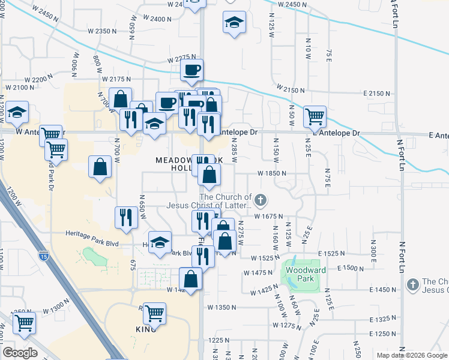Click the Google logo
click(x=20, y=353)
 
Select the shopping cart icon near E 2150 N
click(x=315, y=116)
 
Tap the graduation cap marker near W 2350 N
click(x=234, y=23)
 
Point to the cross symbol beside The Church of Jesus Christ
click(x=260, y=199)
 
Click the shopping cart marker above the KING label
click(x=154, y=314)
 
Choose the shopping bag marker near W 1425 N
click(x=191, y=279)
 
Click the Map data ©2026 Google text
click(x=411, y=355)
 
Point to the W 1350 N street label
click(x=221, y=307)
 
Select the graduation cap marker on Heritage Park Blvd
click(x=160, y=242)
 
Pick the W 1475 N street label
click(x=258, y=273)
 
